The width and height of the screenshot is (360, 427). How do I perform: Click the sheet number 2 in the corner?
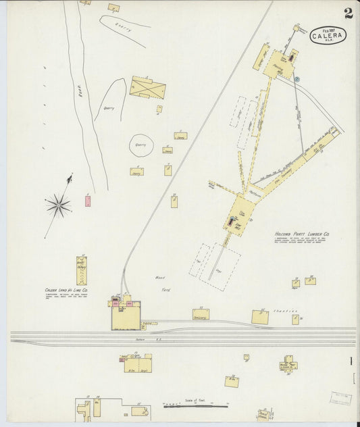pos(347,13)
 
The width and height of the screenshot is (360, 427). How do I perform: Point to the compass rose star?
pos(59,205)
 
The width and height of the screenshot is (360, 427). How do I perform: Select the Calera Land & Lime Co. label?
pos(66,291)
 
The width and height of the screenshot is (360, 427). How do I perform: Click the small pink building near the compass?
pos(87,201)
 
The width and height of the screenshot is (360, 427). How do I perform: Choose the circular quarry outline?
pos(142,145)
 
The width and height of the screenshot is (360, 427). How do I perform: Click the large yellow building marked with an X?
pos(147,87)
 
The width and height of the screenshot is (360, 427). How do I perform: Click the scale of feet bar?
pos(195,406)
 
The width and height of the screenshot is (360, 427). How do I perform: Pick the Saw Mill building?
pos(237,214)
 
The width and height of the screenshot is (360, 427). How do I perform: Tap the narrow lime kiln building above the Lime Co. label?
pos(82,270)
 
